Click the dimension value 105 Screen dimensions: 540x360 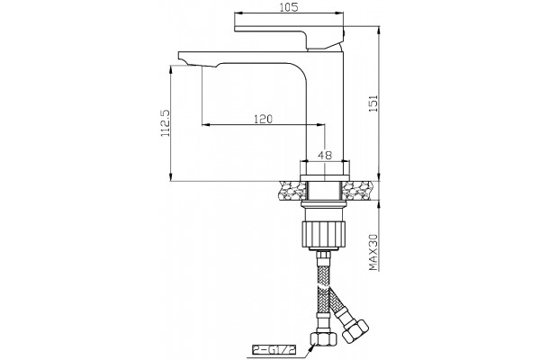[289, 7]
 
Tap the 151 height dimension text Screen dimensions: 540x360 [373, 103]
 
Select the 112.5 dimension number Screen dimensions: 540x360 [166, 123]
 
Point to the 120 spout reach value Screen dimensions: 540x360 [263, 119]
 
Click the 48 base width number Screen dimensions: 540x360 [324, 156]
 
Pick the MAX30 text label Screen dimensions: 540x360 [373, 252]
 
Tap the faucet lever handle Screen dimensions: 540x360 [289, 37]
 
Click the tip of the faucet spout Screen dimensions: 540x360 [179, 55]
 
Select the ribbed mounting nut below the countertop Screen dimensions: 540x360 [323, 234]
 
